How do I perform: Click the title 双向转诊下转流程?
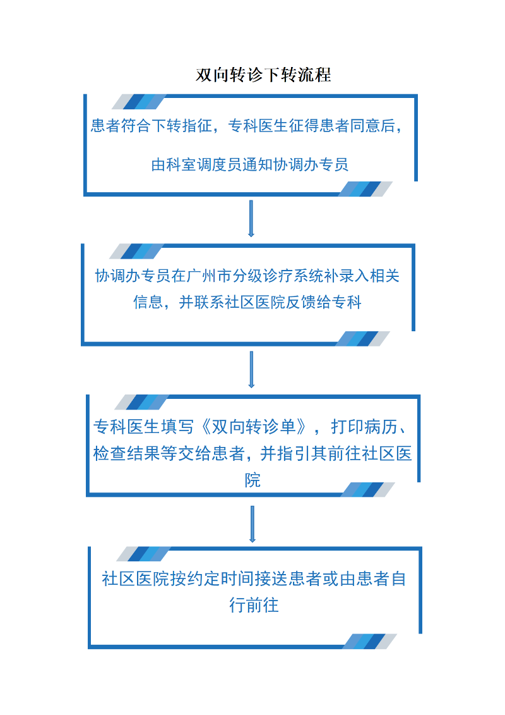coord(263,75)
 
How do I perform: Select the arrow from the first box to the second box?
coord(251,219)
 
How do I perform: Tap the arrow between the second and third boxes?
coord(251,369)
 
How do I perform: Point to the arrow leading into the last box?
coord(252,524)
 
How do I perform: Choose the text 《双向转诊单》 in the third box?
coord(254,427)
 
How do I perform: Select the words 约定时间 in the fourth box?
coord(220,578)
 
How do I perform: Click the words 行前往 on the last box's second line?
coord(254,605)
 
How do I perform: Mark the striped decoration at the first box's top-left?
coord(140,102)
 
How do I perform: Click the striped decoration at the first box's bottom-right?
coord(365,189)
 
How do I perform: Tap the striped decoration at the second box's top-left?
coord(136,251)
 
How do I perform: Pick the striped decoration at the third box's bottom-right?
coord(368,490)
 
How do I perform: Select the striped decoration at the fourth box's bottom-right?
coord(370,642)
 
